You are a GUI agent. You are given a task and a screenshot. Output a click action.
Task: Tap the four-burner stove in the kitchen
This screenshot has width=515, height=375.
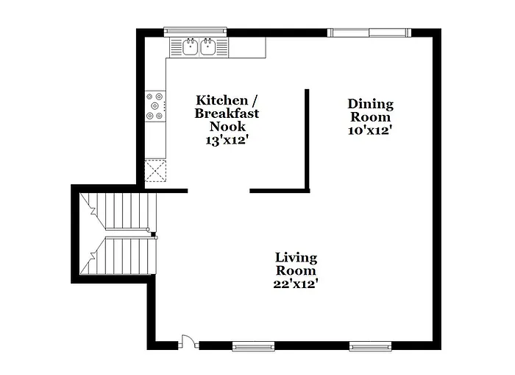(x=155, y=105)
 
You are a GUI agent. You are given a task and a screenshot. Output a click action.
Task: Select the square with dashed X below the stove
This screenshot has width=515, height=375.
(x=156, y=171)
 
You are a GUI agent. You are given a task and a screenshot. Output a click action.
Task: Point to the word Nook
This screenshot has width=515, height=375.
(x=227, y=126)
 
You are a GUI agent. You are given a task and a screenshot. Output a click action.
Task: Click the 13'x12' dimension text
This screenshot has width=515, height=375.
(x=227, y=139)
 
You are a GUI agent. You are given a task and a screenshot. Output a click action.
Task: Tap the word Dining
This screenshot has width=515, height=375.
(x=371, y=104)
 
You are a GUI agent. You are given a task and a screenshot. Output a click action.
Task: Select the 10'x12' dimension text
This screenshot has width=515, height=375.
(x=370, y=130)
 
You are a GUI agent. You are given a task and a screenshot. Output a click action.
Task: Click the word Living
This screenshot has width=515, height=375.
(x=296, y=257)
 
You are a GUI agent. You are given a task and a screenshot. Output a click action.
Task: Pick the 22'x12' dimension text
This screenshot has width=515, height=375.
(x=296, y=283)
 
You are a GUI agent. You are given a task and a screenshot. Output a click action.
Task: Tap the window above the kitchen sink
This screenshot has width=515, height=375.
(x=193, y=31)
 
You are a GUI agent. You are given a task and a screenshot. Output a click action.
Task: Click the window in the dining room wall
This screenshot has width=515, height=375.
(x=369, y=32)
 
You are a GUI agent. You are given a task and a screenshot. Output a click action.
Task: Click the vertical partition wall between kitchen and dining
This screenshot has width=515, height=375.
(x=307, y=136)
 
